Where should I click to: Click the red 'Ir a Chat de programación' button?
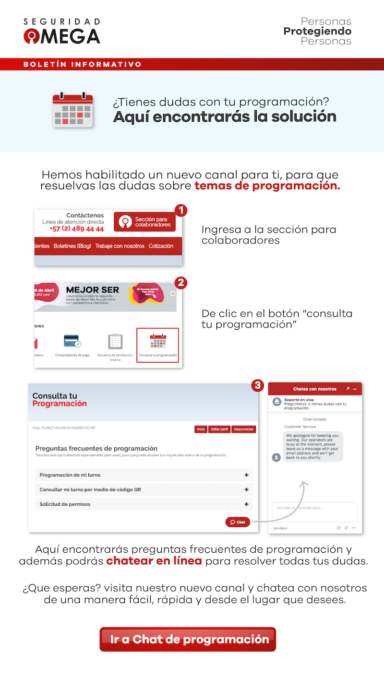click(x=188, y=639)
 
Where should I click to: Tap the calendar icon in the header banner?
click(x=72, y=110)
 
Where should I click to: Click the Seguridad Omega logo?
click(x=62, y=32)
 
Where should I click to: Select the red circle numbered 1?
click(x=180, y=210)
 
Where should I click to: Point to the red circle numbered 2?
click(x=180, y=283)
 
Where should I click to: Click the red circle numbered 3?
click(x=258, y=385)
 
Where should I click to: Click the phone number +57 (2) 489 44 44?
click(x=76, y=229)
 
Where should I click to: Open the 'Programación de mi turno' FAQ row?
click(x=144, y=475)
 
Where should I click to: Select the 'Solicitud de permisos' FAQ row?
click(x=144, y=504)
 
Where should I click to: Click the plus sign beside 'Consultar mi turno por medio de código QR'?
click(x=246, y=490)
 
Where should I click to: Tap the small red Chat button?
click(x=238, y=522)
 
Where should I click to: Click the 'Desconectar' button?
click(x=244, y=430)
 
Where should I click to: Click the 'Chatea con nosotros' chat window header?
click(x=314, y=389)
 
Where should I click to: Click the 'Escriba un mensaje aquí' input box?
click(x=314, y=511)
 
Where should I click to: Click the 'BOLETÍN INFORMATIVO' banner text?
click(x=83, y=64)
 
